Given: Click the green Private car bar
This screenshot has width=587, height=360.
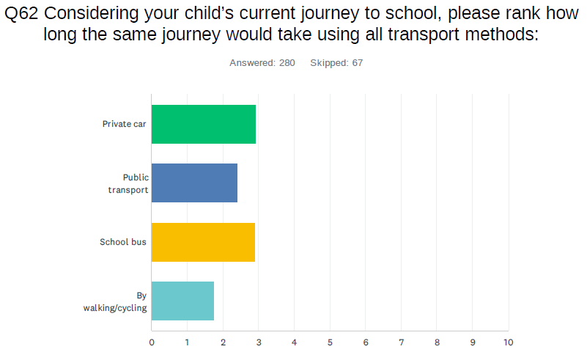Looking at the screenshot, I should [x=204, y=124].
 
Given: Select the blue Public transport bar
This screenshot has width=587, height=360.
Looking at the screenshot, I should [x=194, y=183].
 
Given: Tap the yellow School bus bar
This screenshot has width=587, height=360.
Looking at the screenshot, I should [x=203, y=241].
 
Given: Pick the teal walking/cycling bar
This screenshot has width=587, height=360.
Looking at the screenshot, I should [x=182, y=301].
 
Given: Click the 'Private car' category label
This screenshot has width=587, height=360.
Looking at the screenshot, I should [x=125, y=124].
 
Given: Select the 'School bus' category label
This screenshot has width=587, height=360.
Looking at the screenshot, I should [x=123, y=241].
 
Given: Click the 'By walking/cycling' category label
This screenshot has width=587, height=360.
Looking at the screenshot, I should [x=116, y=301].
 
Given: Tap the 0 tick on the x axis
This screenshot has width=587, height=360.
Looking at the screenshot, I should [x=152, y=342].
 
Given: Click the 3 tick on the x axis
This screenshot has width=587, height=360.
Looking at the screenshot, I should [x=259, y=342].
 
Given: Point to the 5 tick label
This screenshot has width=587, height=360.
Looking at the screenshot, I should [x=330, y=342].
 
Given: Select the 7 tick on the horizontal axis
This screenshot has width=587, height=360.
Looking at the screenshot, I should [x=401, y=342].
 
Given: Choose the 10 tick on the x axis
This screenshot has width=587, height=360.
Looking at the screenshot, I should [x=508, y=342].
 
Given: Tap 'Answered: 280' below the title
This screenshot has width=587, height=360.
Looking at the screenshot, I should [x=262, y=63].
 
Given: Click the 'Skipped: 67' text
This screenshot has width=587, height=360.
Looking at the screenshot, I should [x=336, y=63].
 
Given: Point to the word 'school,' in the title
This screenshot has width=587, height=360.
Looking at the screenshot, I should [x=407, y=15].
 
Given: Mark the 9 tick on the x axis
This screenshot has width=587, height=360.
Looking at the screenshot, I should [x=472, y=342].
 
